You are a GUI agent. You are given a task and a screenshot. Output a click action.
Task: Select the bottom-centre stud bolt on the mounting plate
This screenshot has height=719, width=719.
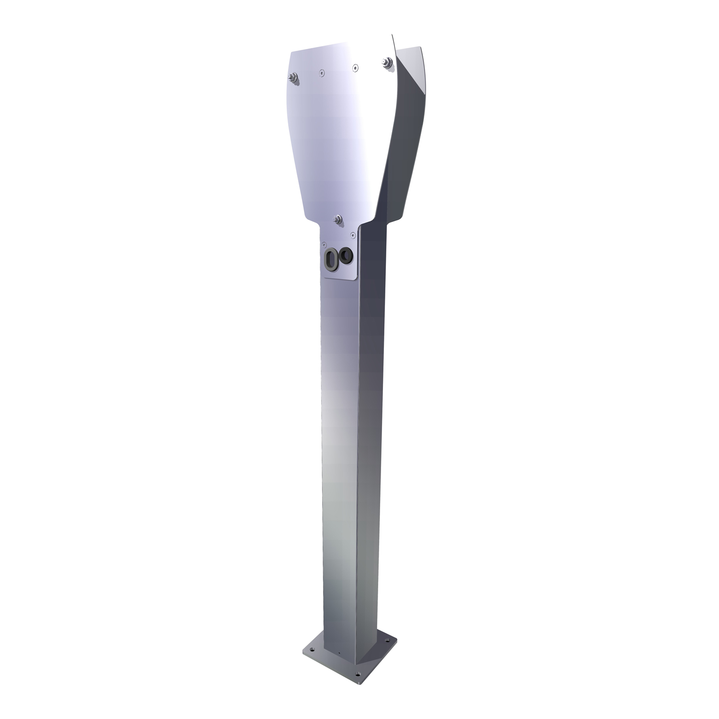point(338,220)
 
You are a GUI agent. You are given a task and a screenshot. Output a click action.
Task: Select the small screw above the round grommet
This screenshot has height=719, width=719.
point(353,234)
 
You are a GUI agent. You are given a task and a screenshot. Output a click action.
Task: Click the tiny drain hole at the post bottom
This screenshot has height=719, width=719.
point(339,652)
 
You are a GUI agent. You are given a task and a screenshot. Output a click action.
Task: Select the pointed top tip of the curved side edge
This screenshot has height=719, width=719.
point(392,35)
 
